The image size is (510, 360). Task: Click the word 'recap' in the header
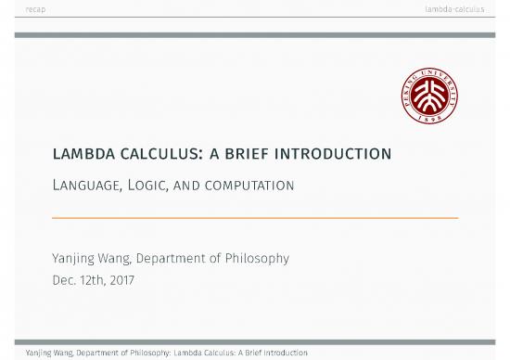click(37, 9)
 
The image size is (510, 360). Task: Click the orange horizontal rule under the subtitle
click(255, 218)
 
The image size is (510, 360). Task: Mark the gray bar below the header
click(255, 35)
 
